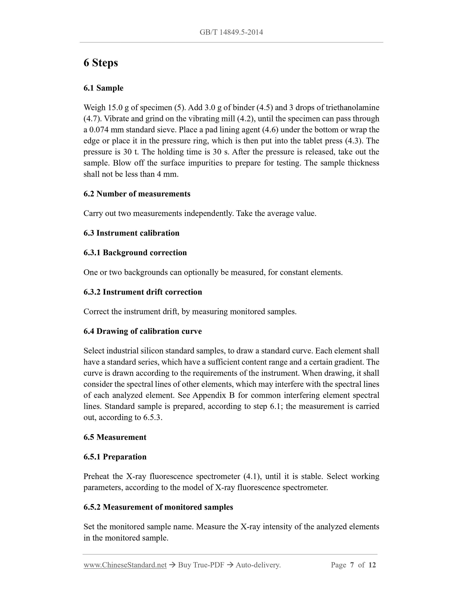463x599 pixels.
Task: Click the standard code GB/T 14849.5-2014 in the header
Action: (x=231, y=32)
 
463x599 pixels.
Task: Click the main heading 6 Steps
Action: (x=101, y=63)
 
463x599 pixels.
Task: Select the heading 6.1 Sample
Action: (x=103, y=88)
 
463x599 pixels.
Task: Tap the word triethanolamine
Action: (x=352, y=108)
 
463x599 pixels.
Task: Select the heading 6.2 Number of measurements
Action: (x=137, y=194)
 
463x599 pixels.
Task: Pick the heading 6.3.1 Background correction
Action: (x=135, y=253)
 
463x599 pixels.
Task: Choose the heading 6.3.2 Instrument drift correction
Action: (x=143, y=292)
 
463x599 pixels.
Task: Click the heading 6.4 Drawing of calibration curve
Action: (x=142, y=331)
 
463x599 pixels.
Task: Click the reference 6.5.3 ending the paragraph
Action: (x=153, y=417)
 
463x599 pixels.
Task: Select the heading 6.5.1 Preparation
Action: (x=115, y=457)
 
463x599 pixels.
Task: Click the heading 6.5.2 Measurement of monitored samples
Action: (x=158, y=507)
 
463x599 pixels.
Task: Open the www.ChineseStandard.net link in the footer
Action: (x=125, y=565)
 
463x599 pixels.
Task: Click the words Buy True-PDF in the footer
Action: (x=201, y=565)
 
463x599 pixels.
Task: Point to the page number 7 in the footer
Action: (x=352, y=565)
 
